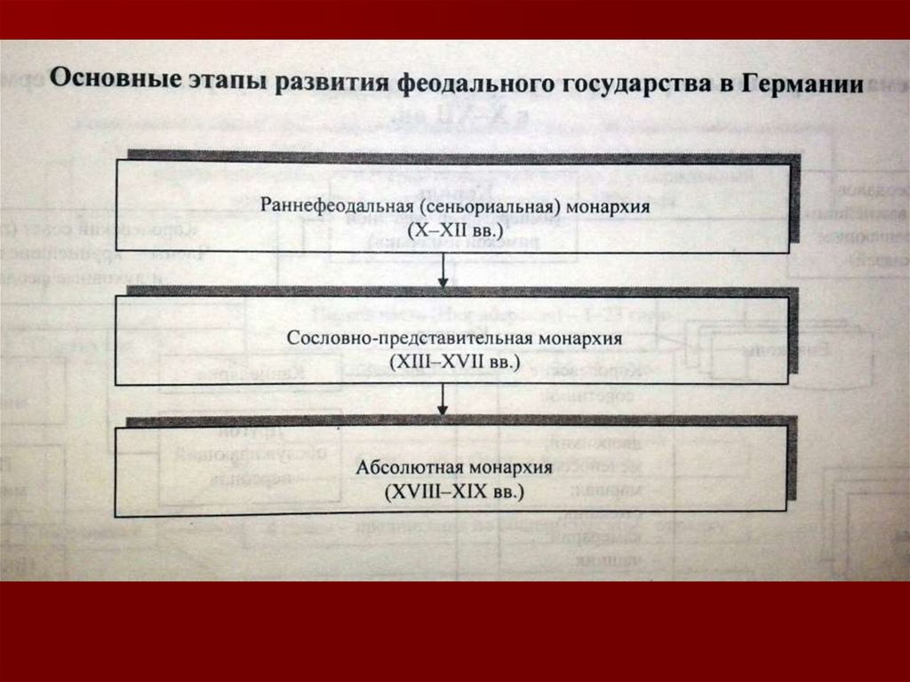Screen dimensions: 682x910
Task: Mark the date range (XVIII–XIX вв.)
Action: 454,491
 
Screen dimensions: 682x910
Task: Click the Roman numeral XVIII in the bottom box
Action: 418,491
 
